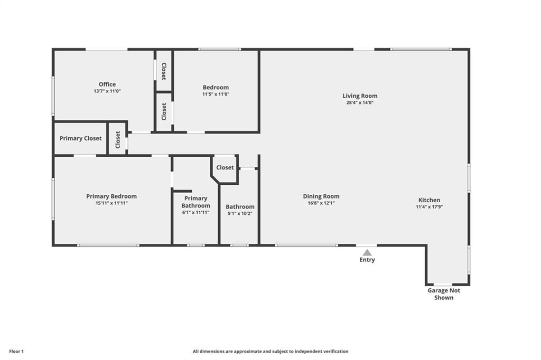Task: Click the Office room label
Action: point(107,84)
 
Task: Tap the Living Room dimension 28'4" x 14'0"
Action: point(360,102)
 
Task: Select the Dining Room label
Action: point(321,196)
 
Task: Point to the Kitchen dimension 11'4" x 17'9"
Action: point(429,207)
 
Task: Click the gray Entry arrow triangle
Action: point(367,252)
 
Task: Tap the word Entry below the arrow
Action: point(367,260)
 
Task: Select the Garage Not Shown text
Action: point(444,294)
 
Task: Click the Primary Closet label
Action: point(80,138)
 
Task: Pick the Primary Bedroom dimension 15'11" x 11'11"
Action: point(111,203)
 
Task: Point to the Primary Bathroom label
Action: point(195,202)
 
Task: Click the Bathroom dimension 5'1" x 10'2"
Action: point(240,213)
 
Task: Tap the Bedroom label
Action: point(216,87)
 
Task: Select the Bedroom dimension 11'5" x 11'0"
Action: point(216,94)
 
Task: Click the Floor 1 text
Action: point(16,352)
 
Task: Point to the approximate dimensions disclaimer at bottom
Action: point(270,352)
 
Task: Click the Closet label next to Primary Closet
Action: point(118,140)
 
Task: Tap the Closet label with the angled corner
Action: point(225,167)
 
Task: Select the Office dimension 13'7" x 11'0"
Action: point(107,91)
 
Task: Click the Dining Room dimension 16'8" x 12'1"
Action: point(321,203)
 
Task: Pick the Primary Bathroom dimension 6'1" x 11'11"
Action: point(195,212)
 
